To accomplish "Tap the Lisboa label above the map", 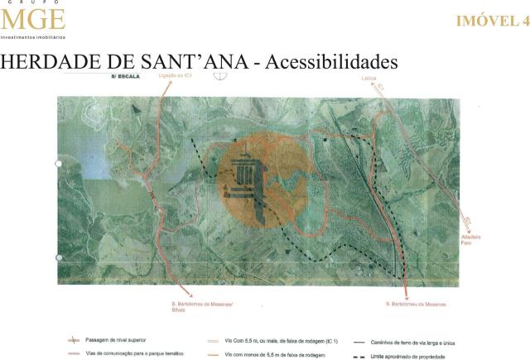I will tap(369, 77).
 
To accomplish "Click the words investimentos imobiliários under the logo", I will tap(32, 37).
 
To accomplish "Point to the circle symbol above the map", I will tap(219, 74).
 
